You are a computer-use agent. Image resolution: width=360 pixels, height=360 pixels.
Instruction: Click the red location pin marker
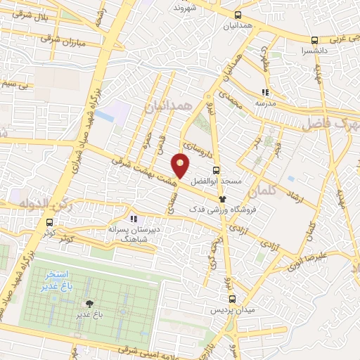[181, 166]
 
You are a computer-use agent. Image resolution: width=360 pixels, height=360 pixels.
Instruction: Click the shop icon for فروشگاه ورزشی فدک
[223, 200]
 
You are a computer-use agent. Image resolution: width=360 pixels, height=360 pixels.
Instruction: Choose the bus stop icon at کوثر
[49, 231]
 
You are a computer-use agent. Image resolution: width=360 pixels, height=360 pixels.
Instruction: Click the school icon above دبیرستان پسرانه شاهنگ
[134, 219]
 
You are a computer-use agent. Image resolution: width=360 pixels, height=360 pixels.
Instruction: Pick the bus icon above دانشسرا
[314, 41]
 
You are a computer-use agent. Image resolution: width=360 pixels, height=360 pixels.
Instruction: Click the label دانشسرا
[313, 51]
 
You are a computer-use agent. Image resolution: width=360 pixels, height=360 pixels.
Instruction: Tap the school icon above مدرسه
[265, 91]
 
